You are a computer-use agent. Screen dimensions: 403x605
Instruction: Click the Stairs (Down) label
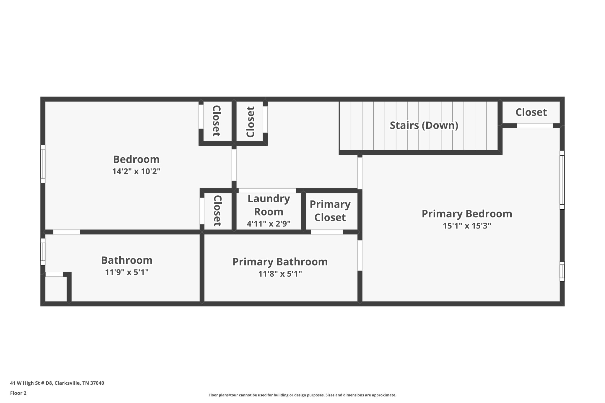tap(424, 125)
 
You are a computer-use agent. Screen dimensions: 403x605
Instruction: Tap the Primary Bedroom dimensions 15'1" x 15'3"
tap(467, 226)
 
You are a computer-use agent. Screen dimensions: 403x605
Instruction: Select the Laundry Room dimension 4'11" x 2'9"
tap(269, 224)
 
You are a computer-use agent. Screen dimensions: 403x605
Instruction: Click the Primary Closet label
tap(330, 211)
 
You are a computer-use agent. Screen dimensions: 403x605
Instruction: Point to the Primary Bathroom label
tap(280, 262)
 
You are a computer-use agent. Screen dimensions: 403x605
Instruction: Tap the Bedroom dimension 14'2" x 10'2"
tap(136, 172)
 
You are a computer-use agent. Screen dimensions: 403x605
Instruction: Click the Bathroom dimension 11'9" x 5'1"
tap(127, 272)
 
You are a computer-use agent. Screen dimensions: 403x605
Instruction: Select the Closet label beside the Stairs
tap(531, 112)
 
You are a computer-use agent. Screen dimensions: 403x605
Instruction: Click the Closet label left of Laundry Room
tap(217, 211)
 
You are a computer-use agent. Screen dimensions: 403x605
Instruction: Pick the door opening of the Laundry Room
tap(267, 191)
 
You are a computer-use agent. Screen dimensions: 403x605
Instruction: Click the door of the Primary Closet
tap(327, 232)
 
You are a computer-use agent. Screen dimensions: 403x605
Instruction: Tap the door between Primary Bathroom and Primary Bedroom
tap(360, 255)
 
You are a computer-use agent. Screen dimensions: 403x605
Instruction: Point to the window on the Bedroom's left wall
tap(43, 164)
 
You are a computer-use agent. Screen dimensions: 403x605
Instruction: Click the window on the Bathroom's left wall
tap(43, 252)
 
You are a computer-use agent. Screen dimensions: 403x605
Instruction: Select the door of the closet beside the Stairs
tap(535, 126)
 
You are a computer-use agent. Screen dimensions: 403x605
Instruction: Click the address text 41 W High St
tap(57, 383)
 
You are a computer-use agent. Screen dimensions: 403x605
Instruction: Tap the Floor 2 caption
tap(18, 393)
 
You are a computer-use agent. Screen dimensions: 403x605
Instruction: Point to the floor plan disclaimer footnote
tap(302, 395)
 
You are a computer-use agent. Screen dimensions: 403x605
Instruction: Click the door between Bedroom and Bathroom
tap(66, 232)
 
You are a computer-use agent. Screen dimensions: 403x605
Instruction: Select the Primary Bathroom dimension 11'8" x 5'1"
tap(280, 274)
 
